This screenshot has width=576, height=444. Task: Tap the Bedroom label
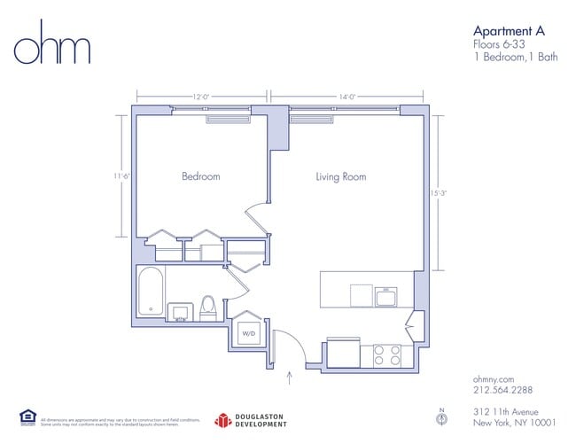[200, 177]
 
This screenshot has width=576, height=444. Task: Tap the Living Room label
[340, 177]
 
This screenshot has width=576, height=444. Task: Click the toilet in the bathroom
[208, 307]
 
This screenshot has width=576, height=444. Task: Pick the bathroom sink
[182, 311]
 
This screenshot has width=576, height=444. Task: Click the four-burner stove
[386, 354]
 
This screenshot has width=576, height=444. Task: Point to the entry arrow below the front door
[290, 379]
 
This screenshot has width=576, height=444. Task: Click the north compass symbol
[440, 415]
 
